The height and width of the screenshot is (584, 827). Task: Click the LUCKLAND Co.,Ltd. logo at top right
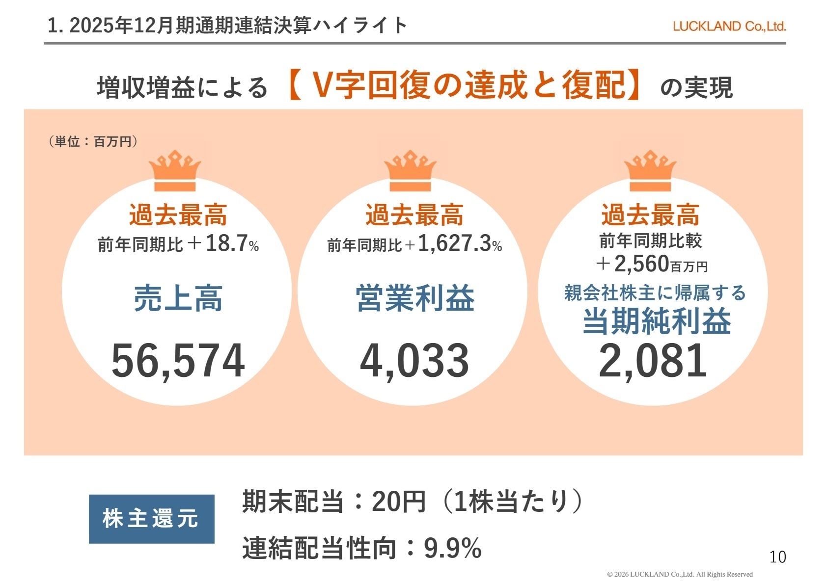point(729,27)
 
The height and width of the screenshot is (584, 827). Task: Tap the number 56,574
point(178,361)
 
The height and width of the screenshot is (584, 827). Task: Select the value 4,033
point(414,361)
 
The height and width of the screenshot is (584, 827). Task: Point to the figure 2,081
point(653,361)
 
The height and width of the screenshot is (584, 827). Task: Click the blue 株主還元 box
point(151,519)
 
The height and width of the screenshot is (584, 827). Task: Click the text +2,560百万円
point(651,265)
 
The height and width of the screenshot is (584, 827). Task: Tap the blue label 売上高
point(178,298)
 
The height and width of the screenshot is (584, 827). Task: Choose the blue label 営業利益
point(415,298)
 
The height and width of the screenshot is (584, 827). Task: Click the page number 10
point(777,557)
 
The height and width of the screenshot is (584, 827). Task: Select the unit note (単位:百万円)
point(93,142)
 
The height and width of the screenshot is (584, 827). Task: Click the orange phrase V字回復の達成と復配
point(464,85)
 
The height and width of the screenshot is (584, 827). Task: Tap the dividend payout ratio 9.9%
point(452,548)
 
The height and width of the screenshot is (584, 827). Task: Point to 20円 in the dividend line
point(398,502)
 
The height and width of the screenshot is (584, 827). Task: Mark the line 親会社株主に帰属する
point(655,293)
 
